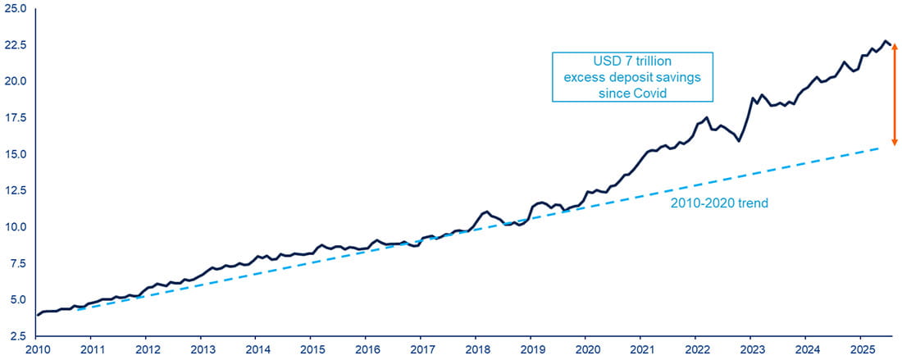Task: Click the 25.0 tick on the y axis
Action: pos(16,8)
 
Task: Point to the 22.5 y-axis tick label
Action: pos(16,45)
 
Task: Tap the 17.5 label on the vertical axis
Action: pos(16,117)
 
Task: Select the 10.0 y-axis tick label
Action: pos(16,227)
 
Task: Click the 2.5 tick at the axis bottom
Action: pos(19,336)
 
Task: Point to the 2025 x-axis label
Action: pos(860,350)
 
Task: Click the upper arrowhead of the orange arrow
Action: pos(895,46)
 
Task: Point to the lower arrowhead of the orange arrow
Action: pos(895,142)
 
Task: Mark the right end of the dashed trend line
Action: pos(879,148)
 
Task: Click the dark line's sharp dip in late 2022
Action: pos(739,141)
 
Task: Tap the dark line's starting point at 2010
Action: pos(37,315)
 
